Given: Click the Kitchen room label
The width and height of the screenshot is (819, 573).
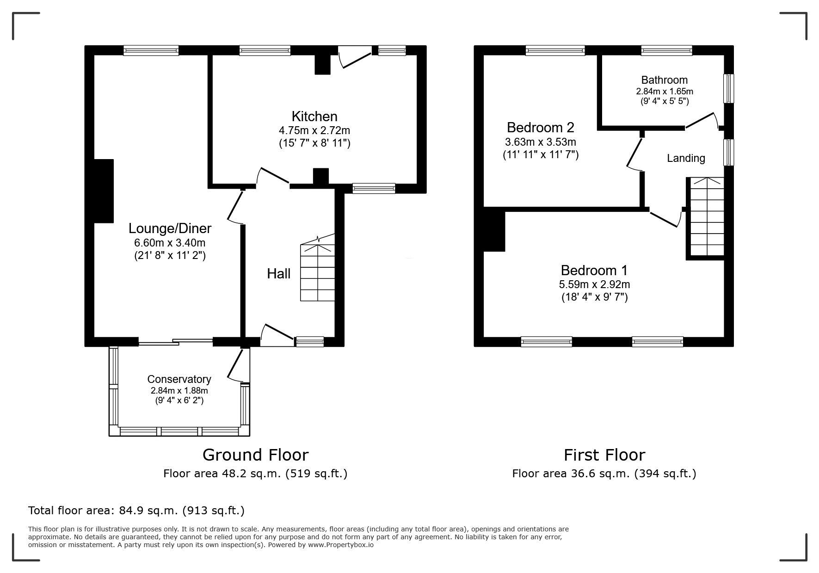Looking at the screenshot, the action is point(314,116).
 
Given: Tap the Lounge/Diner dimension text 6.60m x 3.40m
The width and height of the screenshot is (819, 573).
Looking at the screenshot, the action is point(170,242).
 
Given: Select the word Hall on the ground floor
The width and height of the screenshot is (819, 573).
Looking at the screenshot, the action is point(279,274).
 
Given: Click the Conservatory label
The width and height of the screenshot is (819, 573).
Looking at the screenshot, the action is point(179,379).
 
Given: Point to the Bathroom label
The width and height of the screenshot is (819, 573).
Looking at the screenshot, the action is point(665,80).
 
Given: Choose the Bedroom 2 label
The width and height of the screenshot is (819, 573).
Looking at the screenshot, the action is point(541,127).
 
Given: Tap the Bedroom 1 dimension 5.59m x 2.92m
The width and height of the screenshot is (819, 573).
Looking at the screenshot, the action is point(595,284).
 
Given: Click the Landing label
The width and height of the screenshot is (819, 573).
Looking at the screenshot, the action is point(686,159).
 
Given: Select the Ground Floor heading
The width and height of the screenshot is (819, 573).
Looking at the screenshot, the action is point(255,455).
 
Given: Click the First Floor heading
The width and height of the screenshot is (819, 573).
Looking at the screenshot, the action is point(604,455).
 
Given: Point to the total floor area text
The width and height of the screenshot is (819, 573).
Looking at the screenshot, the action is point(136,511).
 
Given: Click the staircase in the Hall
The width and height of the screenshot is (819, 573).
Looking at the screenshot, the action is point(318,268).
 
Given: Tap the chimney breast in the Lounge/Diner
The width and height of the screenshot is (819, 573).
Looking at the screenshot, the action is point(104,191).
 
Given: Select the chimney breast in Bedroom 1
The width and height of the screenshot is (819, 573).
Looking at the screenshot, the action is point(494,230).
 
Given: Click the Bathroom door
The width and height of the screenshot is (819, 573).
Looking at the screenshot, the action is point(702,120).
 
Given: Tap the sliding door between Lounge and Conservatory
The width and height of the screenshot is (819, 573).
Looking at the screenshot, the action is point(176,342).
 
